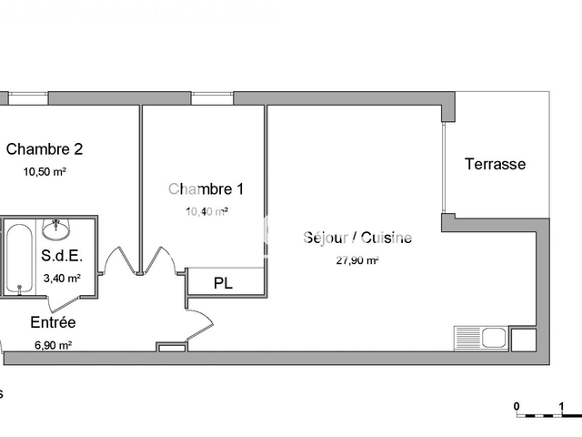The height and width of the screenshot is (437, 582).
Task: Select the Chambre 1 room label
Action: point(206,189)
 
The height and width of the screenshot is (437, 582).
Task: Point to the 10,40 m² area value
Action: point(206,211)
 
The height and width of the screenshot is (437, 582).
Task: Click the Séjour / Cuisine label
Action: point(357,239)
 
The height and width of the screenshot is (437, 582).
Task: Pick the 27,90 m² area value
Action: point(357,259)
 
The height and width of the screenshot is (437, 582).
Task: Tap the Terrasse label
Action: point(495,165)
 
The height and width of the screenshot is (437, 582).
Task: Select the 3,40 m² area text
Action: point(62,279)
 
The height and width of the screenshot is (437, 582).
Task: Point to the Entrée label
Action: point(53,322)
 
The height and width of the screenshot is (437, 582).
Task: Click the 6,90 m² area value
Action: point(53,345)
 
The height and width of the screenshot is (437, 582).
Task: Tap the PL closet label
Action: point(223,283)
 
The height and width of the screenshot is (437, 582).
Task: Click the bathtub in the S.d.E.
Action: point(18,258)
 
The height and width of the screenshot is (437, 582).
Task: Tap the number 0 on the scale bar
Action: point(516,406)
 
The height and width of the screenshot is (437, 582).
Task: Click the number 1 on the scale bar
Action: point(561,406)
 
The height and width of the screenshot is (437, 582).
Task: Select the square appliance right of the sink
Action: point(524,340)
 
